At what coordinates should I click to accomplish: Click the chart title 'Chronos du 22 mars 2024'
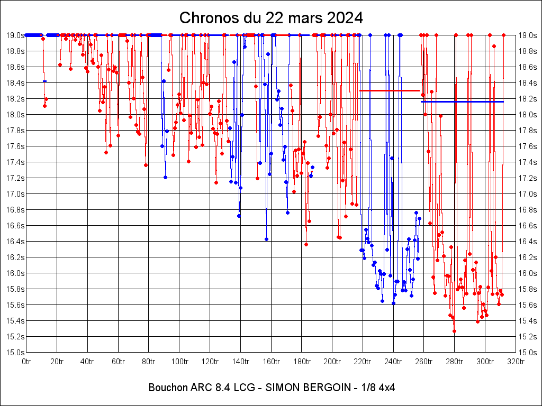pyautogui.click(x=271, y=17)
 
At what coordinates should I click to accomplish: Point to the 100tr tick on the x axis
pyautogui.click(x=179, y=362)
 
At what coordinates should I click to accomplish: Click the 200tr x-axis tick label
pyautogui.click(x=332, y=362)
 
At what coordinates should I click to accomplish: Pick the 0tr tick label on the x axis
pyautogui.click(x=27, y=362)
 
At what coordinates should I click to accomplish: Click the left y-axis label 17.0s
pyautogui.click(x=14, y=194)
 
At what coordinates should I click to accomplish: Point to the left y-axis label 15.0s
pyautogui.click(x=14, y=353)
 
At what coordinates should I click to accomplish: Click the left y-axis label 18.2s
pyautogui.click(x=14, y=99)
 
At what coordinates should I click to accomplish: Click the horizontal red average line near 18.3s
pyautogui.click(x=390, y=90)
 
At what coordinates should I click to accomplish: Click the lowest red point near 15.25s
pyautogui.click(x=454, y=331)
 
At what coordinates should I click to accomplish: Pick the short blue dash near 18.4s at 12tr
pyautogui.click(x=45, y=81)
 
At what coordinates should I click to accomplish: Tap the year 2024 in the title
pyautogui.click(x=345, y=17)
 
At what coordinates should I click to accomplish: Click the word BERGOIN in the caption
pyautogui.click(x=324, y=387)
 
